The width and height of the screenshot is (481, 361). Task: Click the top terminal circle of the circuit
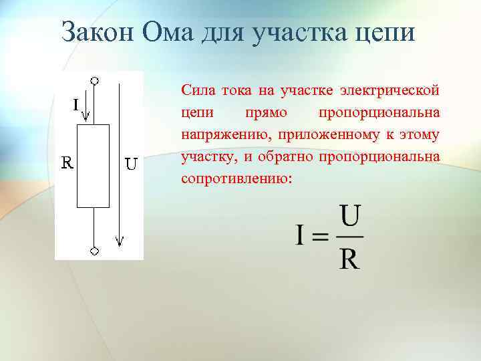point(95,80)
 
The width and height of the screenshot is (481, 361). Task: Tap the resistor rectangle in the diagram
point(94,166)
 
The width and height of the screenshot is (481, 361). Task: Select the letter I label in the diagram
point(77,104)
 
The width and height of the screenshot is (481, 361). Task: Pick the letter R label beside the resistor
point(67,162)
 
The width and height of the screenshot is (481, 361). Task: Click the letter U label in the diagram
point(131,163)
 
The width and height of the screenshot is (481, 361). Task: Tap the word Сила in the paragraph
point(195,90)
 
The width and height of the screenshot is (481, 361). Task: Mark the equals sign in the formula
point(321,237)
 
